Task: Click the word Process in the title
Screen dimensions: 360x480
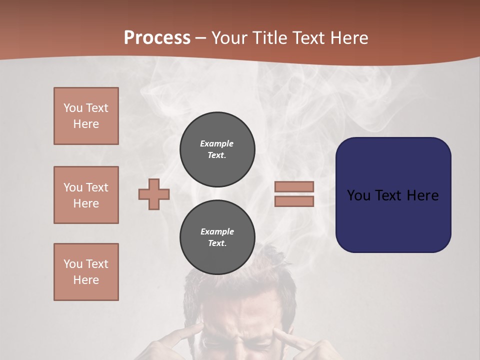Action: [x=157, y=38]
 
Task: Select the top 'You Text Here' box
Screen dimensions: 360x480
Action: [x=86, y=116]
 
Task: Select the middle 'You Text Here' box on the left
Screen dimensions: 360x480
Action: [x=86, y=195]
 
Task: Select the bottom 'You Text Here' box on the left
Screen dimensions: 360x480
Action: [x=86, y=272]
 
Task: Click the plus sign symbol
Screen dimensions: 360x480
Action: [x=154, y=194]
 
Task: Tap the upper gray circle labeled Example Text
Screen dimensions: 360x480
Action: [x=217, y=149]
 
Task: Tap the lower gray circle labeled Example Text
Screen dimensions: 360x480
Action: [x=217, y=237]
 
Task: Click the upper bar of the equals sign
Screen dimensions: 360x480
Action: [x=294, y=186]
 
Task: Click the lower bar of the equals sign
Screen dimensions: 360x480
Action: [x=294, y=201]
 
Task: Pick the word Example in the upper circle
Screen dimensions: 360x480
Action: [x=216, y=143]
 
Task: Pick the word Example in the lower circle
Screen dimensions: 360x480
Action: [x=217, y=231]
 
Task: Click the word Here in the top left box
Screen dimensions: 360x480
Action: [x=86, y=124]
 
